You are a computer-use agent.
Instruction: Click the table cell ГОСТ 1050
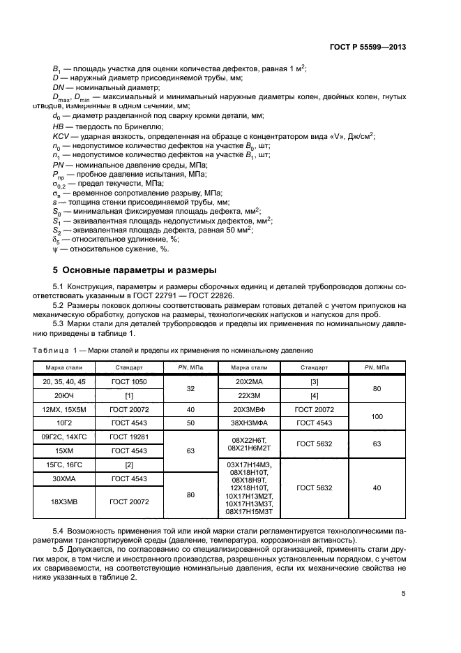(x=128, y=383)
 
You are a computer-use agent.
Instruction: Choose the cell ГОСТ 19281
(x=128, y=437)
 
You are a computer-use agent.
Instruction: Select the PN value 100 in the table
(x=377, y=416)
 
